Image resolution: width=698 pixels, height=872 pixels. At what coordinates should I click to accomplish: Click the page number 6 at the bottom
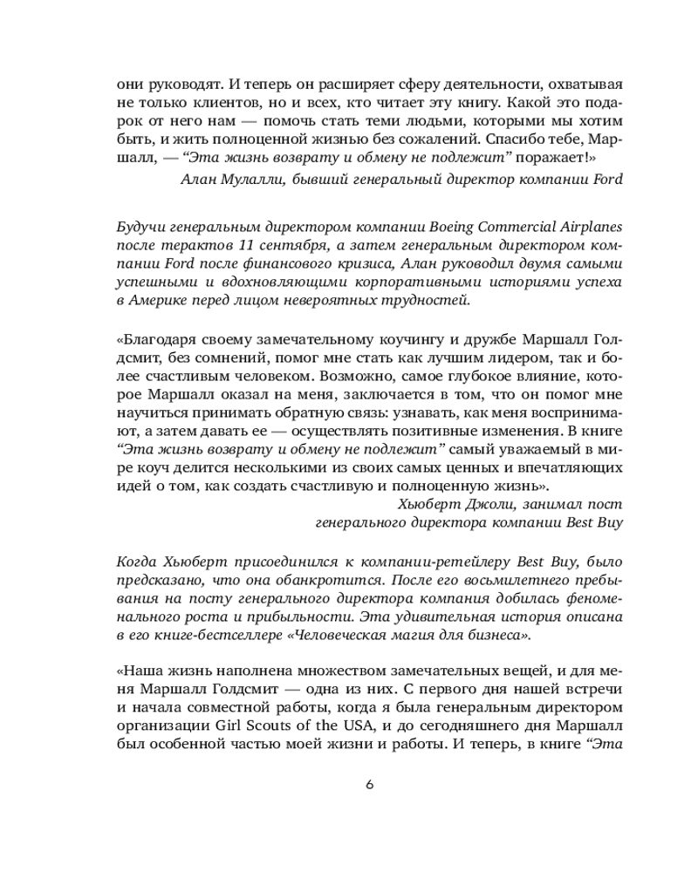tap(369, 784)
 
